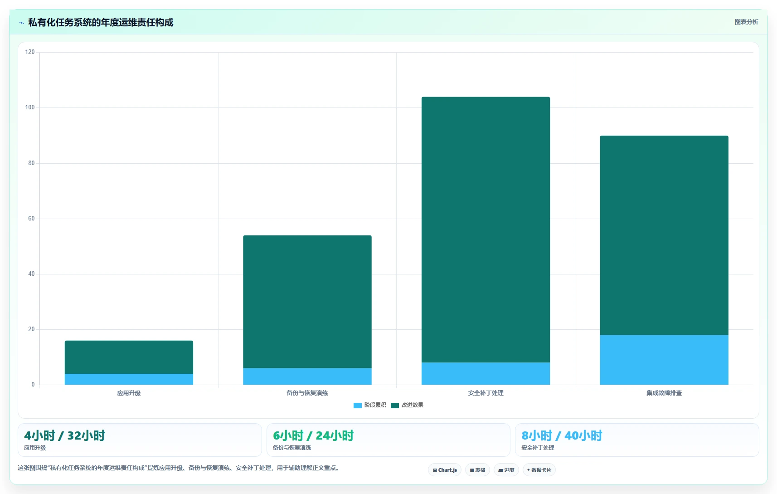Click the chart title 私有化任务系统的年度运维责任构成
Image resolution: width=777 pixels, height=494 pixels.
101,23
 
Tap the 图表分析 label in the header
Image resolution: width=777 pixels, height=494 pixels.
746,22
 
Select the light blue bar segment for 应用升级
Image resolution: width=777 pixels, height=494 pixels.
129,379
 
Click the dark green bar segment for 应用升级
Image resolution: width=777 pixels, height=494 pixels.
129,357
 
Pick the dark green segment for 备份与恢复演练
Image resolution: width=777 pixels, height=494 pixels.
307,302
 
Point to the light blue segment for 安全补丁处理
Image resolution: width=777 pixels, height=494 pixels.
486,373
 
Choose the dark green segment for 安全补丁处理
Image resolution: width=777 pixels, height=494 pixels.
486,230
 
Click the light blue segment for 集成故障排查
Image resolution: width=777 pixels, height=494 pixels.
664,360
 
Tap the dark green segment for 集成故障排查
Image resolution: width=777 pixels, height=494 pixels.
664,235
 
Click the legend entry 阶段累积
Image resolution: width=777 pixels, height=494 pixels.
370,405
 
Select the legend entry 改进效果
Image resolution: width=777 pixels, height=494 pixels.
407,405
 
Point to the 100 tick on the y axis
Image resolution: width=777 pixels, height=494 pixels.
30,107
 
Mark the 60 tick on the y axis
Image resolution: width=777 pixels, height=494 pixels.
31,218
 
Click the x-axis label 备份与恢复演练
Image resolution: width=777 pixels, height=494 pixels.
307,393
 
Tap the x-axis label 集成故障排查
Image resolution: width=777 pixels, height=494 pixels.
664,393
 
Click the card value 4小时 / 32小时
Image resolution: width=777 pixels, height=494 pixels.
64,435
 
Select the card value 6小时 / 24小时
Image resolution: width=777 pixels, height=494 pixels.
313,435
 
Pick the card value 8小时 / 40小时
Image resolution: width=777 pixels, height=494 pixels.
562,435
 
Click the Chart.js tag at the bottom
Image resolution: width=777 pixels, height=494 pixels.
445,470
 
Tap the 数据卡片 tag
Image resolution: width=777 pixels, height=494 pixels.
539,470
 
